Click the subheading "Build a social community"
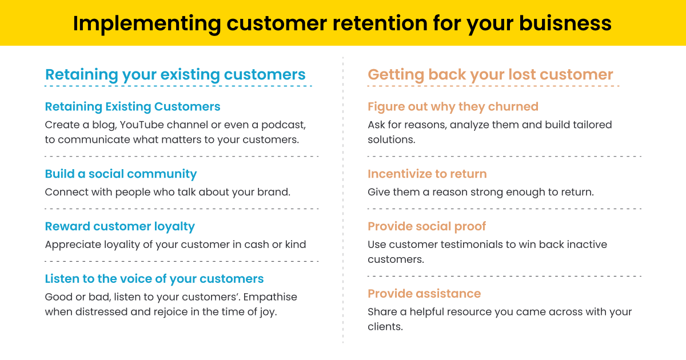coord(121,174)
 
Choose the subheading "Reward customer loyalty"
coord(119,226)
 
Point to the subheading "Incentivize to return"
coord(427,174)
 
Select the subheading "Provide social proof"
coord(426,226)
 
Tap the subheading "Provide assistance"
coord(424,294)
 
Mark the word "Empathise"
coord(273,297)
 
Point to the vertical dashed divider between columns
coord(343,200)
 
